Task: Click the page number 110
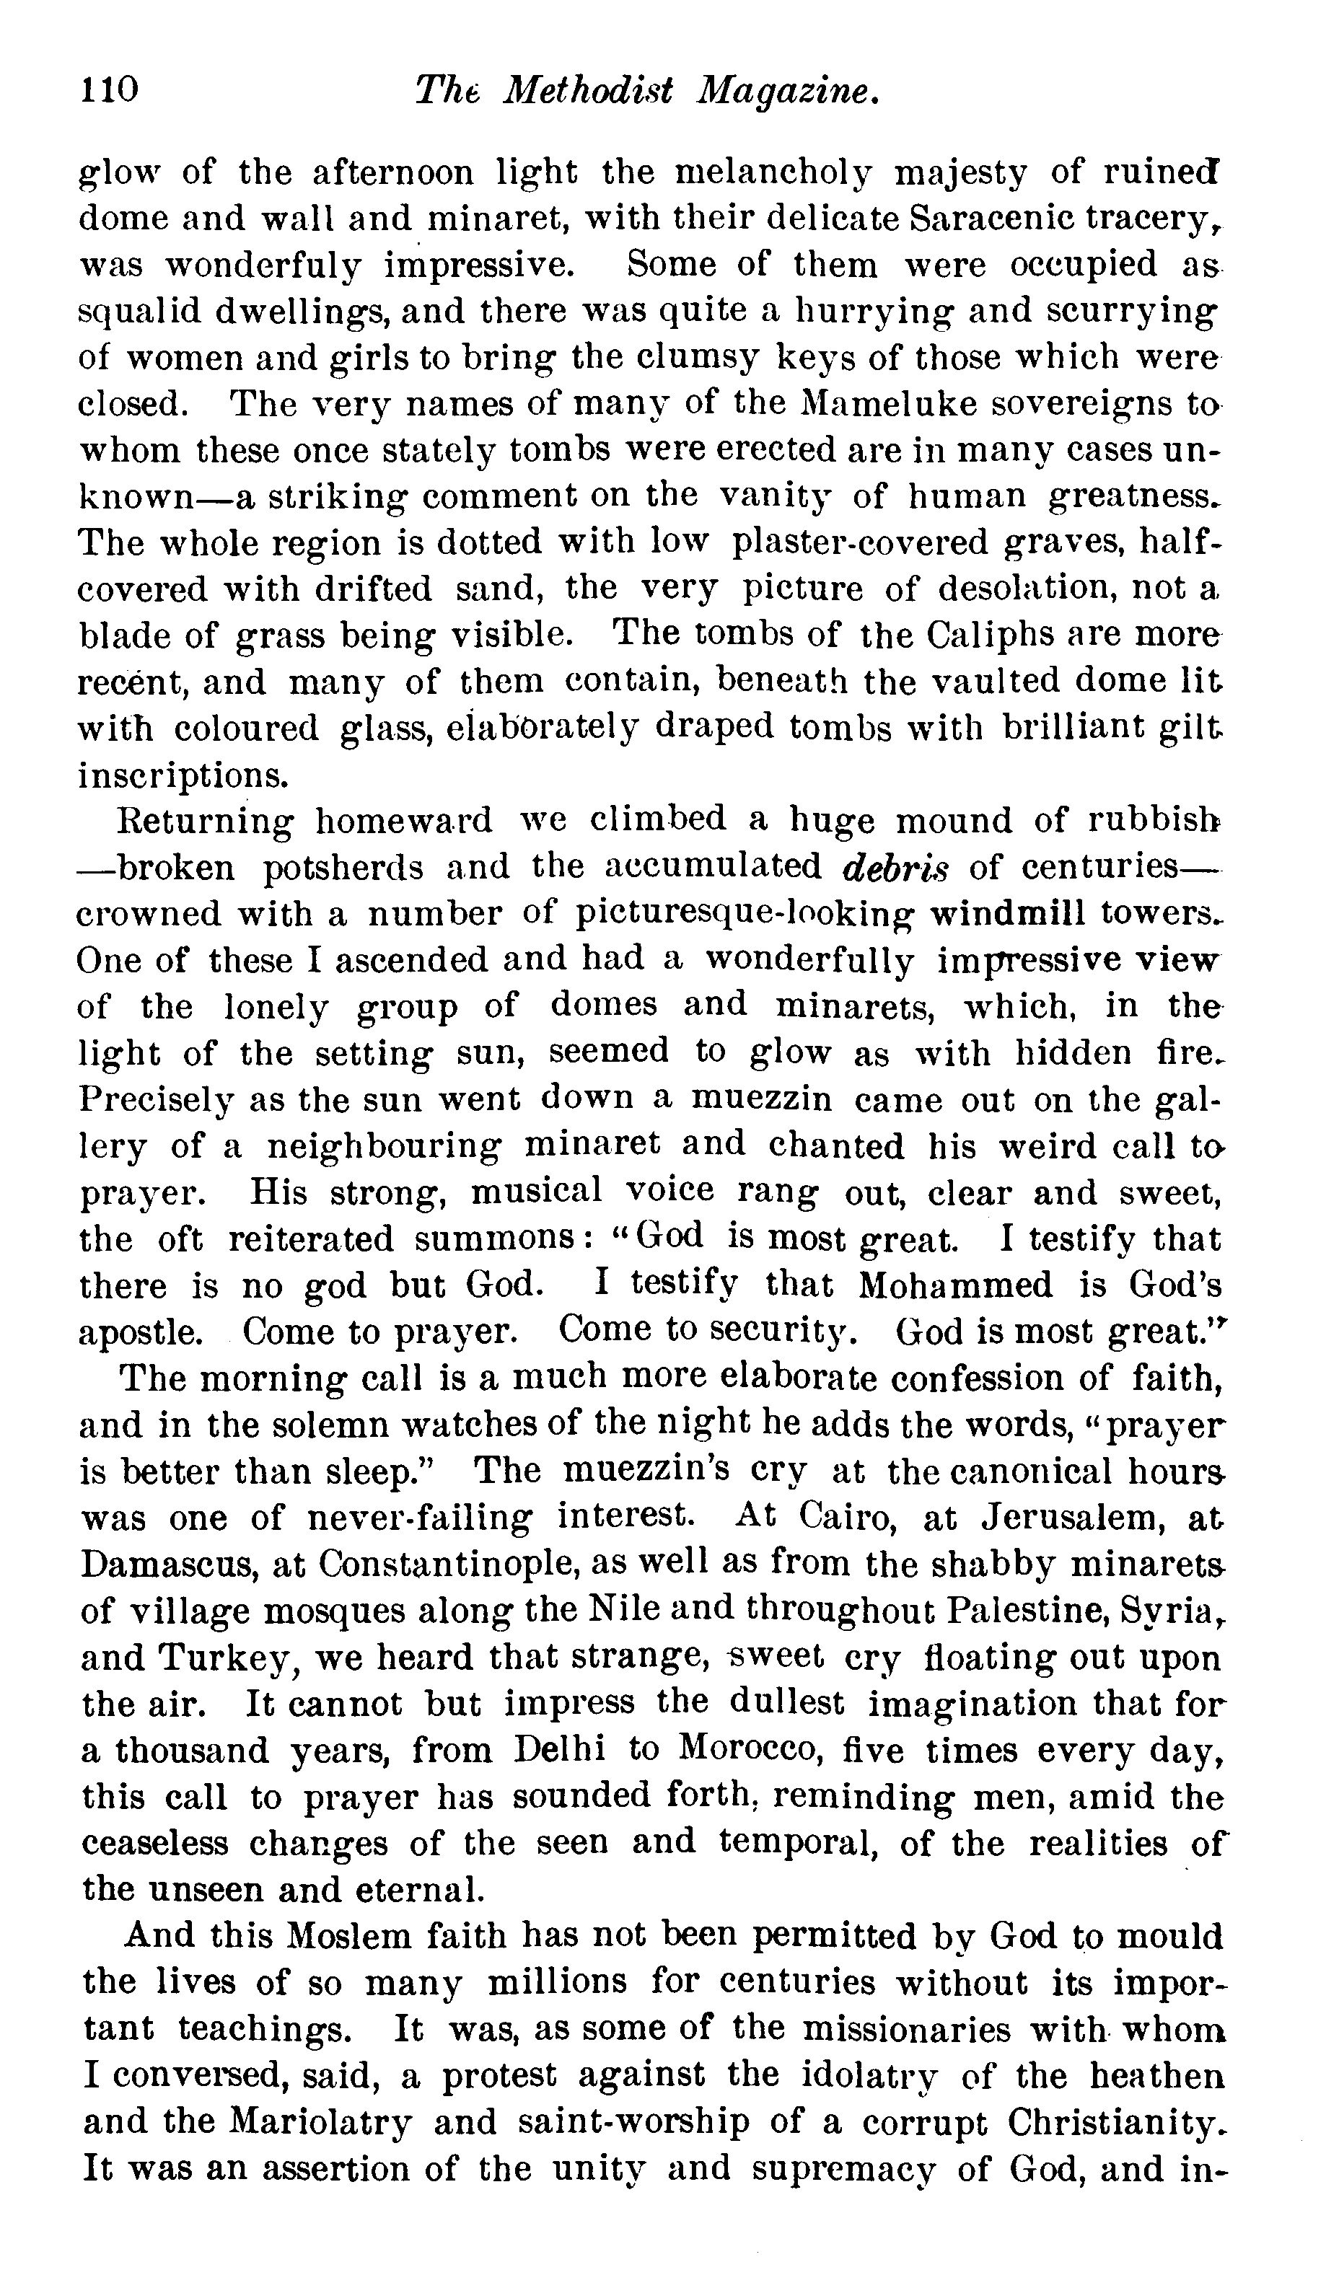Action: [x=109, y=89]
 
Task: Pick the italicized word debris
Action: [x=895, y=867]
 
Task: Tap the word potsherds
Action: [x=343, y=867]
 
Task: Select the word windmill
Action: [x=1007, y=913]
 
